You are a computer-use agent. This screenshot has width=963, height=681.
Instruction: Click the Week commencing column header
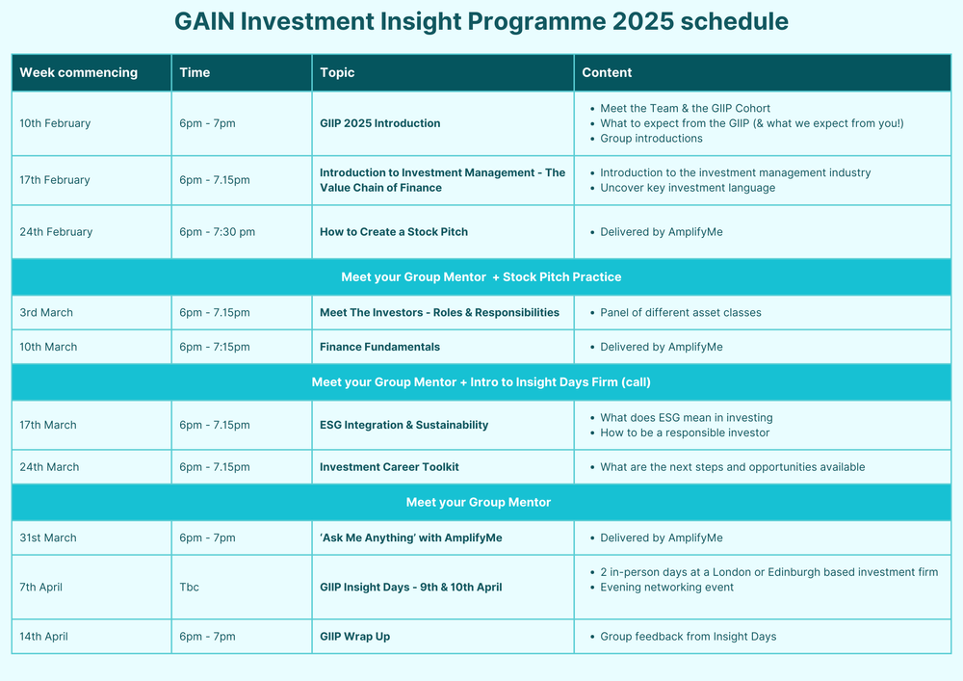click(79, 72)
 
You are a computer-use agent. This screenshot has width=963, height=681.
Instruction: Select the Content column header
click(607, 72)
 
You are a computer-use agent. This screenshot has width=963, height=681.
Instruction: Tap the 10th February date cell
click(55, 123)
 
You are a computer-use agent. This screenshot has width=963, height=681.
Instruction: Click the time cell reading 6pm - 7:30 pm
click(218, 232)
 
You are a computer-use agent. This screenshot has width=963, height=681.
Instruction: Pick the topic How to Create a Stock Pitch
click(394, 232)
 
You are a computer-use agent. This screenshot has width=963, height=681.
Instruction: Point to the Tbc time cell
click(190, 587)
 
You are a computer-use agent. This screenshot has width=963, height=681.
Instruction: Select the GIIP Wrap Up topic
click(354, 637)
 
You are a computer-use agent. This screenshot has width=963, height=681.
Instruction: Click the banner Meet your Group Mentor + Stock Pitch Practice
click(481, 277)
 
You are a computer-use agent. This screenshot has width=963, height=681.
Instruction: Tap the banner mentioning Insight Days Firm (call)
click(481, 382)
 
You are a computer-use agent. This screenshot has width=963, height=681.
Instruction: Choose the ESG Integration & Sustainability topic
click(403, 425)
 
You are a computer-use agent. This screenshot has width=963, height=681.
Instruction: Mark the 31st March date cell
click(48, 537)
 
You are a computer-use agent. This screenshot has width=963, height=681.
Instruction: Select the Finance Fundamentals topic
click(379, 347)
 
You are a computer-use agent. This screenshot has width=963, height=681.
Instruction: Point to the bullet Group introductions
click(651, 139)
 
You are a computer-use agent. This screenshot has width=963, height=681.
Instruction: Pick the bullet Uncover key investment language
click(687, 188)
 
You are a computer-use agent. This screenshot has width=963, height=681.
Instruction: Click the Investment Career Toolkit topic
click(389, 467)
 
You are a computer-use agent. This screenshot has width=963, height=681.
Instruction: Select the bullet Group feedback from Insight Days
click(688, 637)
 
